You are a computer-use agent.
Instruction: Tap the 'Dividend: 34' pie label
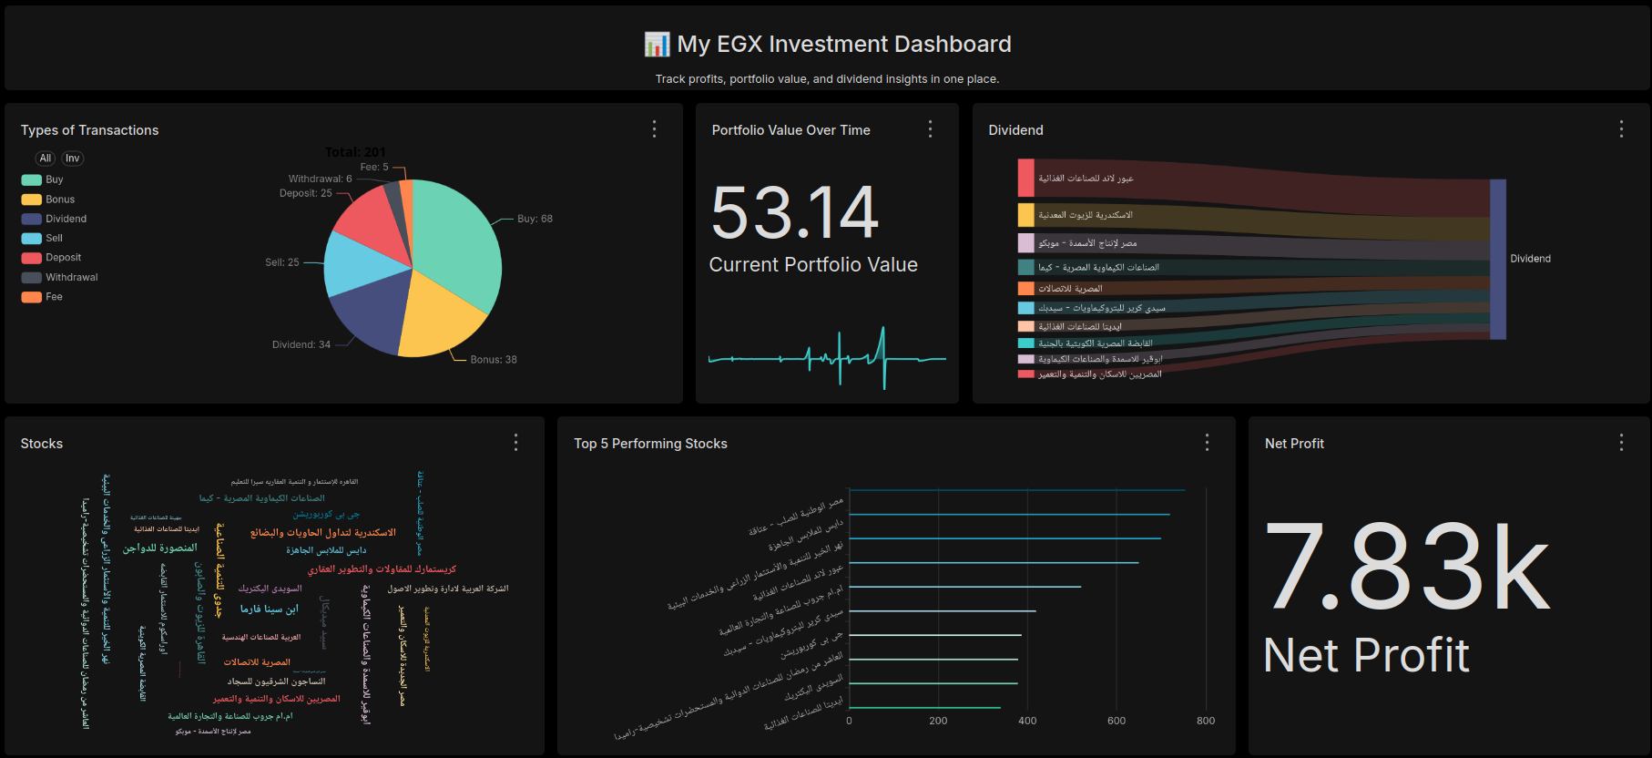(x=301, y=344)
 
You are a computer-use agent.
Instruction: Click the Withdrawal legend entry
(x=71, y=278)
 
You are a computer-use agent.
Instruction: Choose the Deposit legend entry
(x=63, y=258)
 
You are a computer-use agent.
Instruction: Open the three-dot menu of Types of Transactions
(x=654, y=129)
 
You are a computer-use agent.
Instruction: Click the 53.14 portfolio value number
(x=794, y=213)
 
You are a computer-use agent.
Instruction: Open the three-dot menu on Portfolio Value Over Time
(x=930, y=129)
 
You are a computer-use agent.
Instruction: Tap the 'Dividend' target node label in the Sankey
(x=1530, y=259)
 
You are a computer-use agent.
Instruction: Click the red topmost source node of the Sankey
(x=1025, y=178)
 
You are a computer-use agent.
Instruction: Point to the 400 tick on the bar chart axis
(x=1027, y=721)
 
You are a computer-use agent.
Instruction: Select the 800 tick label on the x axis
(x=1206, y=721)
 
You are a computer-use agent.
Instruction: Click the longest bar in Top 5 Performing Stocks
(x=1015, y=490)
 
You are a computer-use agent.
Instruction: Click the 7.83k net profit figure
(x=1406, y=567)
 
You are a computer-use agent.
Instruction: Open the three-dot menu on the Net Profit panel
(x=1621, y=443)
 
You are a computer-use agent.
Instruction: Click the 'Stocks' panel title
(x=42, y=444)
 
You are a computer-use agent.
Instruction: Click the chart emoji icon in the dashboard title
(x=657, y=44)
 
